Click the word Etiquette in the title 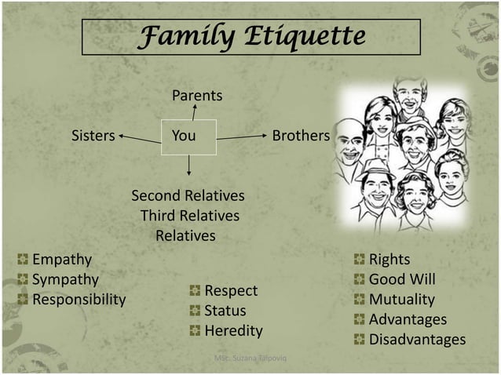coord(307,36)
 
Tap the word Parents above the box coord(197,96)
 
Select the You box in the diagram coord(188,137)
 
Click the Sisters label coord(93,136)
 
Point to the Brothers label coord(301,136)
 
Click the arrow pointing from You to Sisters coord(140,139)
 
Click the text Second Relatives coord(188,195)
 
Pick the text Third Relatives coord(189,216)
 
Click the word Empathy coord(61,259)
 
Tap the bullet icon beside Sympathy coord(23,279)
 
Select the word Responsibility coord(79,300)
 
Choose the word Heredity coord(233,331)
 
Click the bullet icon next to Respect coord(195,291)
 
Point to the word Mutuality coord(401,300)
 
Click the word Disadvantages coord(417,340)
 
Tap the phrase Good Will coord(402,279)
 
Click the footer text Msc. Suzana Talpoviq coord(251,359)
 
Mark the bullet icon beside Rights coord(360,259)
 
